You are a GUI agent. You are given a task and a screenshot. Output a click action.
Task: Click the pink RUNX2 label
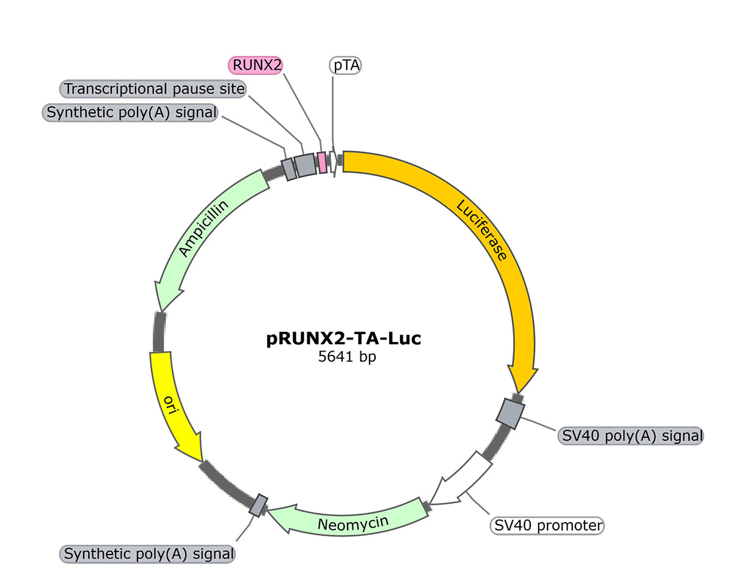coord(255,65)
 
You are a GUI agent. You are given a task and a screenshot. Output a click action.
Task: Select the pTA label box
coord(345,65)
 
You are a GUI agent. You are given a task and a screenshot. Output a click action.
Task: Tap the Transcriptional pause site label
coord(153,89)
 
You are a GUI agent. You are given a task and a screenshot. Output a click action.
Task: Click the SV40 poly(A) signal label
coord(630,436)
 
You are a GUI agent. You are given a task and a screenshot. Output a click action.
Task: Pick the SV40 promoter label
coord(547,525)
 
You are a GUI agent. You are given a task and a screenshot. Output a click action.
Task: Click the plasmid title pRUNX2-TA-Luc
coord(344,338)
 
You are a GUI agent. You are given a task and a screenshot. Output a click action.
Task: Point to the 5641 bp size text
coord(347,357)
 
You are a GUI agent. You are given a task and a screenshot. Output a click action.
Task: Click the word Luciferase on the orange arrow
coord(481,230)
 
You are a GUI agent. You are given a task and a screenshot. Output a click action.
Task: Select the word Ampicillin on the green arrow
coord(203,228)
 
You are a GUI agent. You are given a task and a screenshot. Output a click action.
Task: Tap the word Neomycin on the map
coord(353,524)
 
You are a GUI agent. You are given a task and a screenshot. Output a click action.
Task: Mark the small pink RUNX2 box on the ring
coord(323,162)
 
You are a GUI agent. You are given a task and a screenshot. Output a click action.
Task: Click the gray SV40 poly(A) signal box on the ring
coord(510,414)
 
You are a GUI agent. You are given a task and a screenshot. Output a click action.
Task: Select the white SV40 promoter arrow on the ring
coord(460,479)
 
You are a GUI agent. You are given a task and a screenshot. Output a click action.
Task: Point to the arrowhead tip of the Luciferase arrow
coord(518,393)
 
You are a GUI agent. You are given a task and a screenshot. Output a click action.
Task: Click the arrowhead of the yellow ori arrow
coord(203,462)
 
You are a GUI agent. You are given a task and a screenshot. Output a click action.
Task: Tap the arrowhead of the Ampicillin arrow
coord(160,311)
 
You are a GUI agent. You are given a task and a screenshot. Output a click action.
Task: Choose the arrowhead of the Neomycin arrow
coord(268,510)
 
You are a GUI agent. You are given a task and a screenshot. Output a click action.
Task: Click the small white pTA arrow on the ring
coord(334,162)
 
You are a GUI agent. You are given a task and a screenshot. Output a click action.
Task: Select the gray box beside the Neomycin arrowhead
coord(258,506)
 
